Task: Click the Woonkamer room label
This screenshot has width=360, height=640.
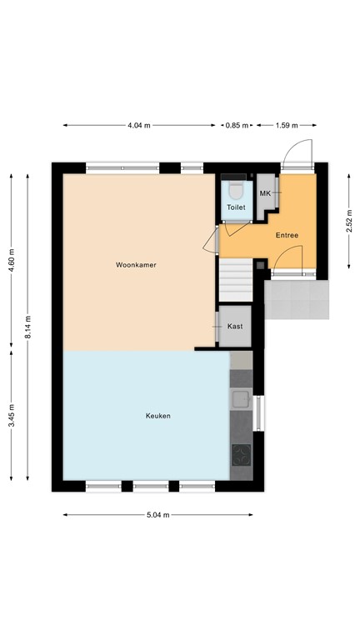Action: pyautogui.click(x=137, y=265)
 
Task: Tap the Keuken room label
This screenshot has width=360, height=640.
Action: pyautogui.click(x=158, y=416)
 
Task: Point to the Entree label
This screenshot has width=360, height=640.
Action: pyautogui.click(x=287, y=235)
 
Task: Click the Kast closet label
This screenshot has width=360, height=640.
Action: pyautogui.click(x=235, y=326)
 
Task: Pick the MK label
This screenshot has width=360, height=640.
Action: pyautogui.click(x=266, y=193)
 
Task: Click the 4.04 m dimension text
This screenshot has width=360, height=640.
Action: pyautogui.click(x=138, y=126)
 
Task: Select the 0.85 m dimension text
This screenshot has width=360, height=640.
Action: pyautogui.click(x=237, y=126)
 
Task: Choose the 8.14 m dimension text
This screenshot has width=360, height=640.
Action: pyautogui.click(x=27, y=326)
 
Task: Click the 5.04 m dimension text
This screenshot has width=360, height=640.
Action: pyautogui.click(x=157, y=515)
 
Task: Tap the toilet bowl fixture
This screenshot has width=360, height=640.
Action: pyautogui.click(x=235, y=185)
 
